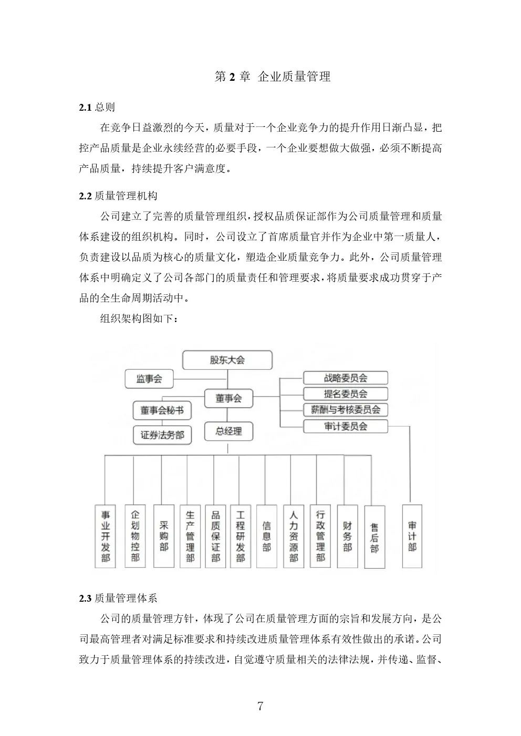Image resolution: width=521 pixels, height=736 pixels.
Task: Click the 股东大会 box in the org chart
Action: click(x=227, y=360)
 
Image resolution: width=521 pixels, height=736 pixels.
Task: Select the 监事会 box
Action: click(x=149, y=378)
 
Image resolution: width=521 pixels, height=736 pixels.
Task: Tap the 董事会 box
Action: click(x=228, y=398)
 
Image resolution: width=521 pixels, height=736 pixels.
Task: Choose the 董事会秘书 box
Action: click(x=162, y=411)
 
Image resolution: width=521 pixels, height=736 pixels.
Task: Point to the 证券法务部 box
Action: click(x=162, y=434)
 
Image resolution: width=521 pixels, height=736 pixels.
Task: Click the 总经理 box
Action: click(x=228, y=431)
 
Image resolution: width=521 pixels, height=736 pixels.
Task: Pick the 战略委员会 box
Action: click(x=345, y=378)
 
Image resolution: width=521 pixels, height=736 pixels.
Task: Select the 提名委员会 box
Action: click(x=345, y=393)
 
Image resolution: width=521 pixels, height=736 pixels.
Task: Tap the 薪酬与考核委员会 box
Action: click(x=345, y=410)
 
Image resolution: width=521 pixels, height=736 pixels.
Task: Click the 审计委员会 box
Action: click(x=345, y=426)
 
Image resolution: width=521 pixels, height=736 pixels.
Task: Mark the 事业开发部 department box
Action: click(x=106, y=536)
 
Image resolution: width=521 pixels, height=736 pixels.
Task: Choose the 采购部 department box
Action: click(x=163, y=536)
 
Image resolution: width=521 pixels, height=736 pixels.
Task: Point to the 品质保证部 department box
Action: click(x=215, y=536)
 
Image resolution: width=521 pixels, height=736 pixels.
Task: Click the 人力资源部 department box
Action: click(x=294, y=536)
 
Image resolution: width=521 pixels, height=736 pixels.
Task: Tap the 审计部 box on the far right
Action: click(x=412, y=536)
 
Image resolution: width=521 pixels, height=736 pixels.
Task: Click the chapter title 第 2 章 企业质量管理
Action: click(x=273, y=77)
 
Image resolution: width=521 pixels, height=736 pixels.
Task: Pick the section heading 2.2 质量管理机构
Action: click(x=118, y=196)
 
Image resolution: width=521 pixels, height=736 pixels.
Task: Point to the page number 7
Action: click(x=260, y=706)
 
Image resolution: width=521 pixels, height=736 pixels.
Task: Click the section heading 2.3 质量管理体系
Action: click(x=118, y=598)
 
